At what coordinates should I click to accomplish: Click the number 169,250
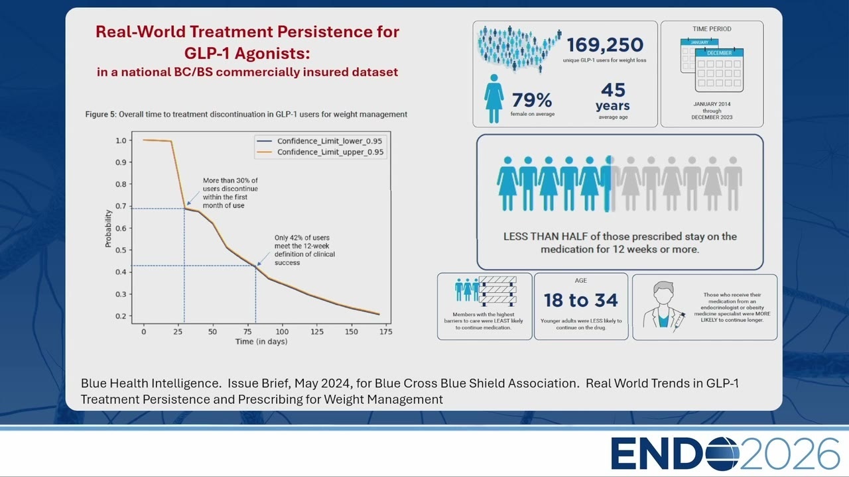click(605, 45)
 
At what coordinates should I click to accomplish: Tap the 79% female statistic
click(532, 100)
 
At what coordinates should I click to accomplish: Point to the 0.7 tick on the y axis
click(121, 206)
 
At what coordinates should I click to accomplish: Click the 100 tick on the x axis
click(282, 332)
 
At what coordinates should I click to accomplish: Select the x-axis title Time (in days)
click(261, 341)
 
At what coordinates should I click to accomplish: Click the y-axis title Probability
click(108, 229)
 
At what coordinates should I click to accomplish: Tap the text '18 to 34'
click(580, 300)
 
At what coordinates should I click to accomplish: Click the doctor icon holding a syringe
click(663, 307)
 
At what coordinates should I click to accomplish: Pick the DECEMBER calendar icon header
click(719, 53)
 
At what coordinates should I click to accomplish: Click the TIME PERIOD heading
click(712, 28)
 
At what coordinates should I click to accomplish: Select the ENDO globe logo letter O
click(722, 454)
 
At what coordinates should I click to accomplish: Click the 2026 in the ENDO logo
click(790, 454)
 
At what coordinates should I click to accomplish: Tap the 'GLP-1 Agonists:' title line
click(247, 53)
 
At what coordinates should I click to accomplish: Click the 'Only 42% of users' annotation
click(302, 238)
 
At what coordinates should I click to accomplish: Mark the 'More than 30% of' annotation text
click(230, 181)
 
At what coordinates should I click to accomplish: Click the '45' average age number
click(613, 90)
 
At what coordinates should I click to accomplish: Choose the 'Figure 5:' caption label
click(101, 115)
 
